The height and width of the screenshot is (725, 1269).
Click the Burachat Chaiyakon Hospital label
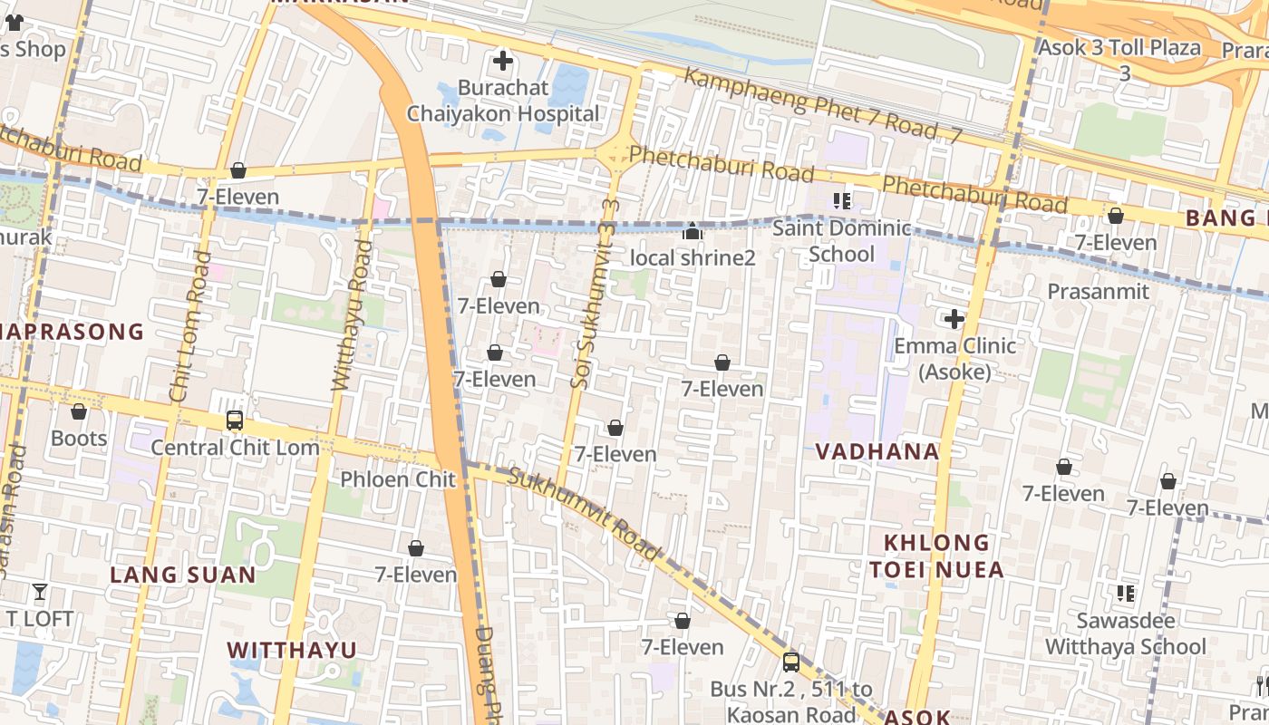(503, 101)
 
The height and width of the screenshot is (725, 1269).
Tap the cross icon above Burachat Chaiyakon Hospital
(502, 62)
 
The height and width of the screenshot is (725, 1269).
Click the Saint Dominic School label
(841, 240)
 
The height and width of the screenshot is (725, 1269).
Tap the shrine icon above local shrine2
(693, 232)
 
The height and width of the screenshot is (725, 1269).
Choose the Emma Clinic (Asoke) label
(954, 358)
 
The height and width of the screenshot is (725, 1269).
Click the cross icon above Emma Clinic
(954, 319)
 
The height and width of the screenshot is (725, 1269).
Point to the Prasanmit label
(1098, 291)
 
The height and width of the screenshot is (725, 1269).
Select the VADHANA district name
(877, 451)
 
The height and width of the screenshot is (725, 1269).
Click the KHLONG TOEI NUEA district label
(936, 556)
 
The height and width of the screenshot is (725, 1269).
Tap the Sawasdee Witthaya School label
(1126, 633)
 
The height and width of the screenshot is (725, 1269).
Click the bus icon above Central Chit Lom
(235, 420)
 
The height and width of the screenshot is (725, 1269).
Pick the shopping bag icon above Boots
(79, 411)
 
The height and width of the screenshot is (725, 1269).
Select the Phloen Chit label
(398, 478)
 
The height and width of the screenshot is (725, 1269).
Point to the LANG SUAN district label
(183, 575)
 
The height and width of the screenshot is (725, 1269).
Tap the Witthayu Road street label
(352, 315)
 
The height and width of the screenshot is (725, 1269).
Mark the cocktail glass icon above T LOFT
(39, 593)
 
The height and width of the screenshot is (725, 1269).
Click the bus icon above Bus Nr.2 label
(790, 662)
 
